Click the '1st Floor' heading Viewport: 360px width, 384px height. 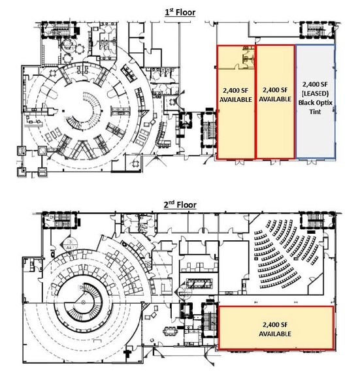point(180,12)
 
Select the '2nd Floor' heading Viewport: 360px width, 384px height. point(180,204)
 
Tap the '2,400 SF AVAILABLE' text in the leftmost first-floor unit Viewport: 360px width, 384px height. point(235,95)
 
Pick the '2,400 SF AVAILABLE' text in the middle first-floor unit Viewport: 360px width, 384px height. point(275,95)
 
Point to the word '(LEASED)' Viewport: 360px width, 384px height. point(316,94)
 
